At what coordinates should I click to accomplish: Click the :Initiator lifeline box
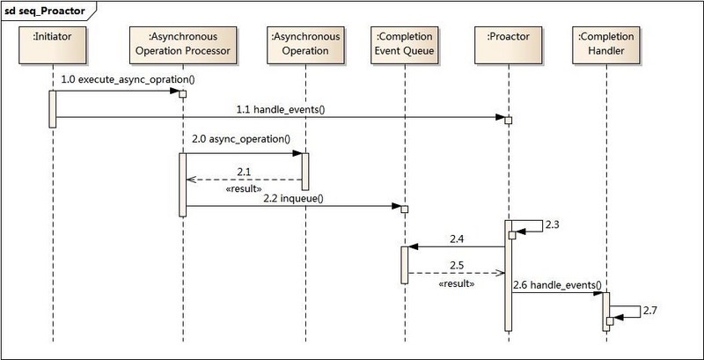click(53, 43)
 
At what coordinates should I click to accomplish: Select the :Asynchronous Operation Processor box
click(184, 43)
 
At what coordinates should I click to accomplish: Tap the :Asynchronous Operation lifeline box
click(304, 43)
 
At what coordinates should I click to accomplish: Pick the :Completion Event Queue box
click(404, 43)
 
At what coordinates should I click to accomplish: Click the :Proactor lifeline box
click(507, 43)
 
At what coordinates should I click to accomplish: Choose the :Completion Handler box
click(607, 43)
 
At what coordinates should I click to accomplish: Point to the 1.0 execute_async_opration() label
click(127, 79)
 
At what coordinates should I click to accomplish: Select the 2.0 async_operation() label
click(239, 140)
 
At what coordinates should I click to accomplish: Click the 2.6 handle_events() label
click(556, 284)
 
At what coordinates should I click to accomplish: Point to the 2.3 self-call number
click(552, 226)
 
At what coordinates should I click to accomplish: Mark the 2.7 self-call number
click(650, 312)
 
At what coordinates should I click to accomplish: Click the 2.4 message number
click(457, 238)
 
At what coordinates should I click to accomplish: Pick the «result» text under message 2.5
click(457, 284)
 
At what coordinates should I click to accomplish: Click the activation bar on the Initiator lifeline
click(53, 108)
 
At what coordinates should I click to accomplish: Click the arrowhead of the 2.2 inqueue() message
click(398, 207)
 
